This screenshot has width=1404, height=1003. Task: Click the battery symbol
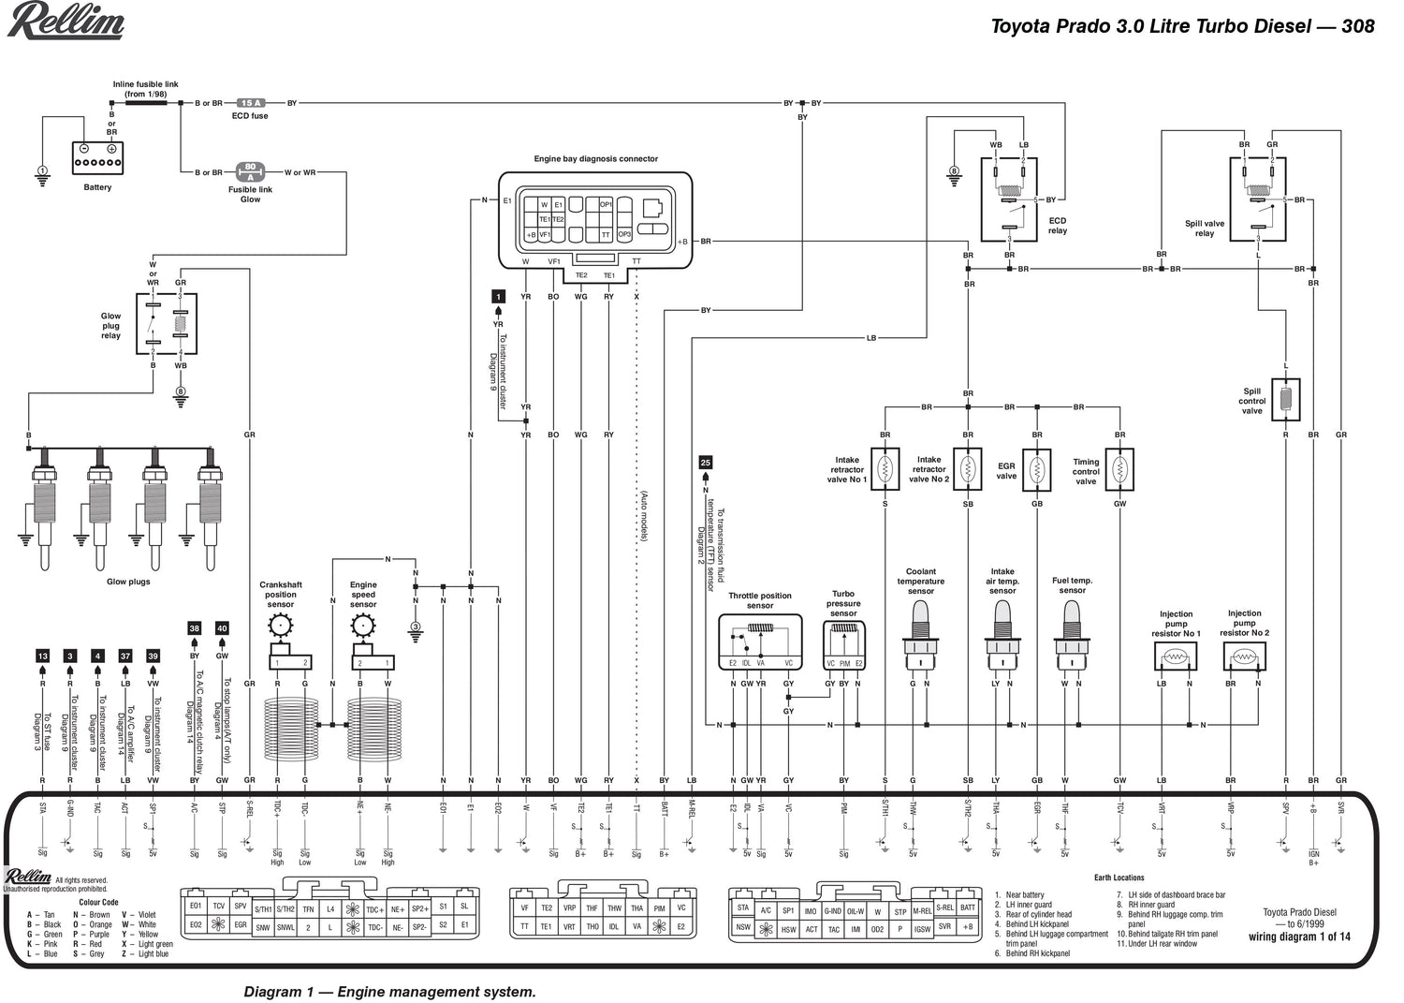coord(97,157)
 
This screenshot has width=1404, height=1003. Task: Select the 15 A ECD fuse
coord(250,103)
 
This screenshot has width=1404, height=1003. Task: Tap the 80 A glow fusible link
coord(250,171)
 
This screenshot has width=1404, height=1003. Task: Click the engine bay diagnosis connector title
coord(595,159)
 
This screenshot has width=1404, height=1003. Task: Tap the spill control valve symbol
coord(1286,400)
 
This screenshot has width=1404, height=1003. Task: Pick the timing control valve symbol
coord(1119,467)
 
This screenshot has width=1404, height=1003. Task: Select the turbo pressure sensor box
coord(843,646)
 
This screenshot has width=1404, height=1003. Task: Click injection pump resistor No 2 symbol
coord(1244,657)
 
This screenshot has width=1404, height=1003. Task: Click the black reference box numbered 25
coord(706,463)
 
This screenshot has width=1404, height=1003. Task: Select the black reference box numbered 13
coord(42,656)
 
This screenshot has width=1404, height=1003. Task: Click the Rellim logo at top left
coord(66,21)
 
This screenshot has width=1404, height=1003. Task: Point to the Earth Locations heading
coord(1119,878)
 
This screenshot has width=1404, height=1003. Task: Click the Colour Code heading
coord(98,902)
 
